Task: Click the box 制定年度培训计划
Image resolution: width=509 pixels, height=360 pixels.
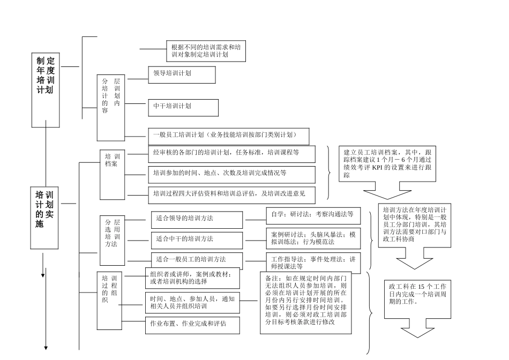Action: pos(46,86)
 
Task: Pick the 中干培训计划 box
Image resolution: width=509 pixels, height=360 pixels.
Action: pos(183,107)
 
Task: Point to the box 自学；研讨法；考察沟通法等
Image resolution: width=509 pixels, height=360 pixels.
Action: pos(312,215)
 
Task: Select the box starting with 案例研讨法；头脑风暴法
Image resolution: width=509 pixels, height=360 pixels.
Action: pos(312,238)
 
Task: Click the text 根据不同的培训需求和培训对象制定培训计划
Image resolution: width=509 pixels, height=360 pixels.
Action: pos(205,51)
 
